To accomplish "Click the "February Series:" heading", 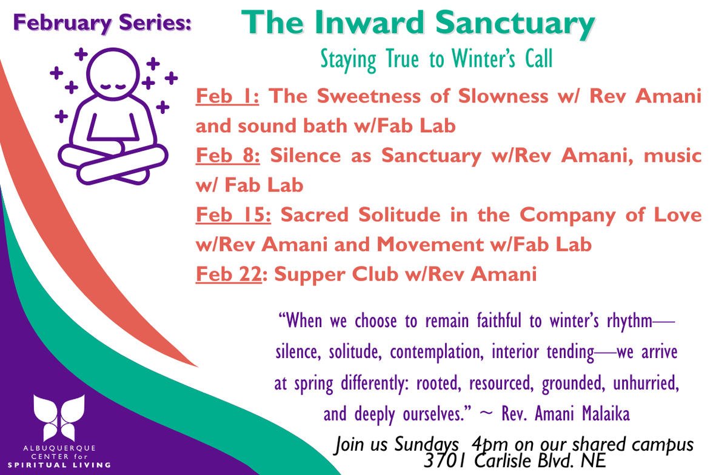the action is tap(102, 23).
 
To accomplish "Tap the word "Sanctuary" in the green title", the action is tap(515, 23).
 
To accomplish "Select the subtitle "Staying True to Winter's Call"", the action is tap(437, 59).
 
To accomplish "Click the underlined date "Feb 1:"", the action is tap(227, 96).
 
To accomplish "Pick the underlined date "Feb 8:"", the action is tap(228, 156).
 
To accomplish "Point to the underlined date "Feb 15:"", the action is tap(233, 214).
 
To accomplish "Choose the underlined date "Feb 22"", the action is tap(229, 274).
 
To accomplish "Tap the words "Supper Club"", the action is tap(336, 274).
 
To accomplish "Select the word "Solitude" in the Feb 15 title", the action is tap(400, 214).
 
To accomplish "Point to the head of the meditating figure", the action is tap(113, 74).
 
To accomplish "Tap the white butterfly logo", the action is tap(59, 417).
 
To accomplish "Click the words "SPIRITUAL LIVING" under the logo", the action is tap(59, 465).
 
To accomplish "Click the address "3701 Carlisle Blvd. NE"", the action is tap(515, 461).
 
